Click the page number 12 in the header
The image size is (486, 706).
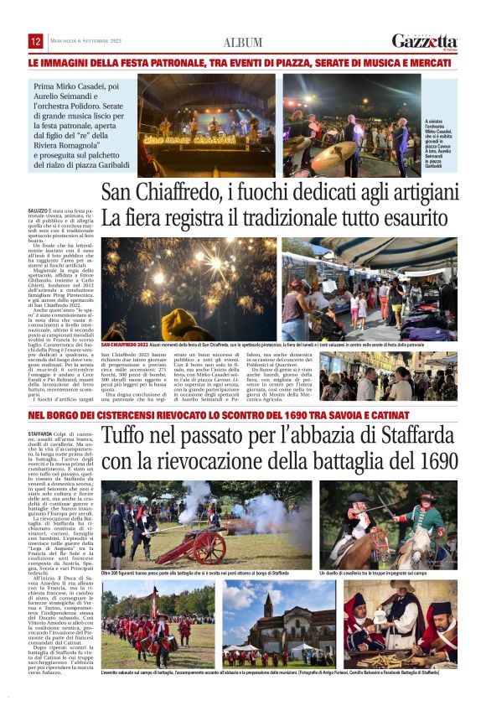36,41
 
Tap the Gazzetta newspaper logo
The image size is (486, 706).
425,41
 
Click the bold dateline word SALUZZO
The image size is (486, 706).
38,210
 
